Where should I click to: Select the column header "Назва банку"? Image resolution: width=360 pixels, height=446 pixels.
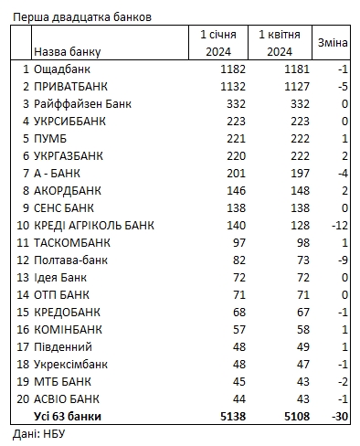pos(67,52)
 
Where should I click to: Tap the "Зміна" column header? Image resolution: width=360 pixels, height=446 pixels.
pos(332,43)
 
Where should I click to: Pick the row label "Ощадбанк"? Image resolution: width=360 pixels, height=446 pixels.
pos(63,69)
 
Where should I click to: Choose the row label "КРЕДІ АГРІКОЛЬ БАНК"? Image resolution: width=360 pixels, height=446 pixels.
pos(93,226)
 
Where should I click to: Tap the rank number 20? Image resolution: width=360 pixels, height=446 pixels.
pos(20,398)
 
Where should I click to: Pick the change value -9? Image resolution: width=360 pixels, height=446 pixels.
pos(340,260)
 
